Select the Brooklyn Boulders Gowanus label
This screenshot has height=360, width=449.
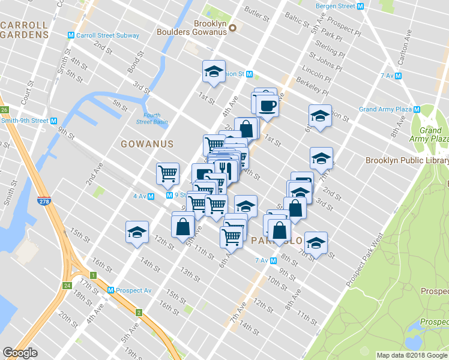(x=191, y=28)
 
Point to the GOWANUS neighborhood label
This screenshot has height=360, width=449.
(x=147, y=144)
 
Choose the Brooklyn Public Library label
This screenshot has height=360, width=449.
(x=406, y=160)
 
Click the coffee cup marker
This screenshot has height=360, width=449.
(x=267, y=106)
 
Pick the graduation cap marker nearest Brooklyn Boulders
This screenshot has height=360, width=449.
(x=214, y=72)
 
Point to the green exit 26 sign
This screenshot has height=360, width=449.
(x=4, y=110)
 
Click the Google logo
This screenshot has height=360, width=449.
(x=20, y=353)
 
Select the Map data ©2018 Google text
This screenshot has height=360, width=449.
(x=411, y=355)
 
